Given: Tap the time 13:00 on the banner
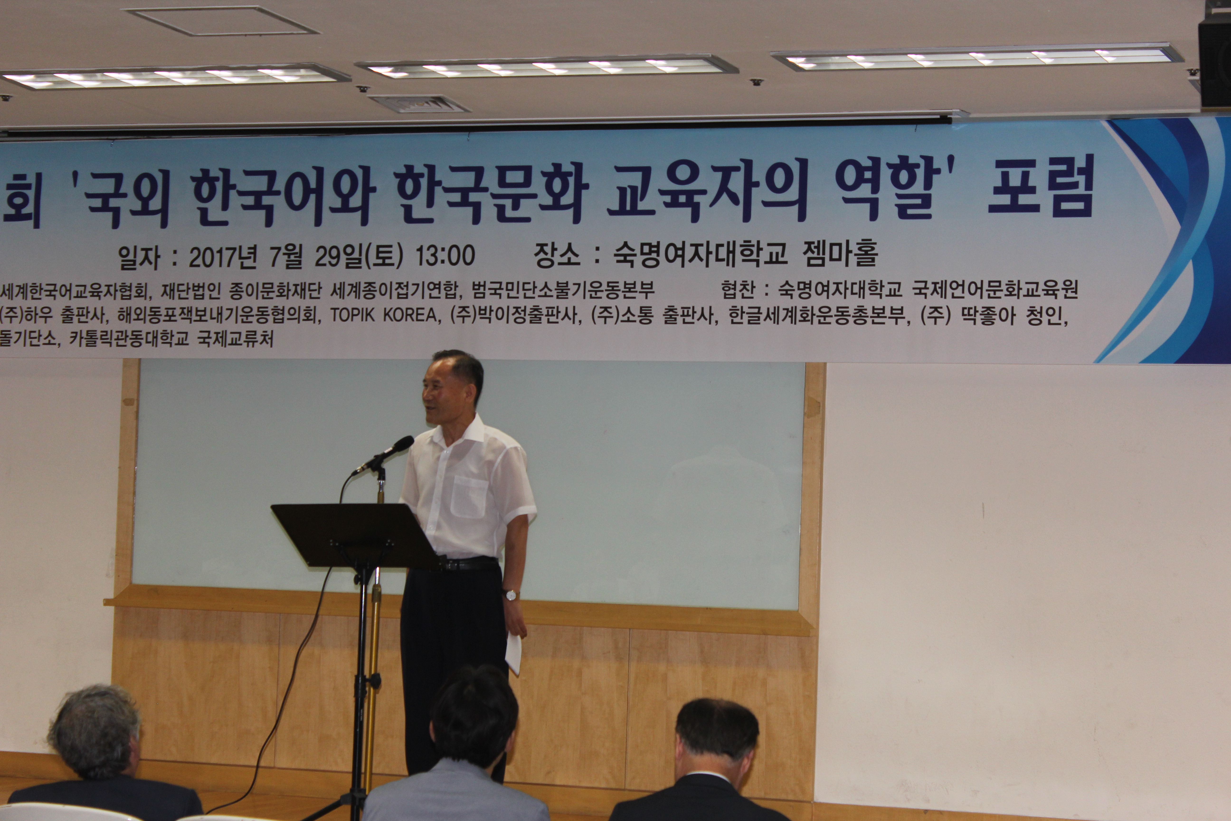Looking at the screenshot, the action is pyautogui.click(x=445, y=256).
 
